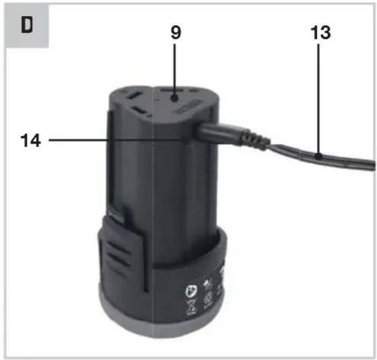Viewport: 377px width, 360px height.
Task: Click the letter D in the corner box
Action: pyautogui.click(x=27, y=25)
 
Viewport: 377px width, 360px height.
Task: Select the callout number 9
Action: pyautogui.click(x=176, y=33)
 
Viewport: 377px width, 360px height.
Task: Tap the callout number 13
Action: pyautogui.click(x=320, y=33)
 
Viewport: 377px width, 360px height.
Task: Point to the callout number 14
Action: pyautogui.click(x=30, y=140)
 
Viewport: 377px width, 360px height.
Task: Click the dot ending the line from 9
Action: pyautogui.click(x=175, y=98)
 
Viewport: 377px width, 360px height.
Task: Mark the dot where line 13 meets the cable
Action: pyautogui.click(x=319, y=157)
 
